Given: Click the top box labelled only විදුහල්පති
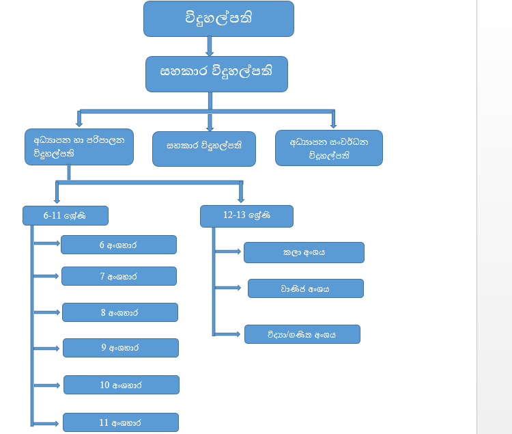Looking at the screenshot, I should pyautogui.click(x=218, y=18).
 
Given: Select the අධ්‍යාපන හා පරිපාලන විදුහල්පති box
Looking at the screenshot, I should pyautogui.click(x=79, y=147).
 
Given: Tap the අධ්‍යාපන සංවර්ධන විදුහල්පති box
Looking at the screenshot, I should pyautogui.click(x=329, y=148).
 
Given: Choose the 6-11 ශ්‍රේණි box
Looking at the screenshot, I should pyautogui.click(x=66, y=215).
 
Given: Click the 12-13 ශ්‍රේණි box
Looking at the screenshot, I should pyautogui.click(x=246, y=215).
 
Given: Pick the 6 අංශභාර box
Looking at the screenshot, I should pyautogui.click(x=119, y=245).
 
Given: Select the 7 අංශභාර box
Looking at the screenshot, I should pyautogui.click(x=119, y=276).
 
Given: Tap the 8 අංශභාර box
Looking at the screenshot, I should pyautogui.click(x=119, y=312).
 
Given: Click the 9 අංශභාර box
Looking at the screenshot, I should pyautogui.click(x=120, y=348).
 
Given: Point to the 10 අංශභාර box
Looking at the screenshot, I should pyautogui.click(x=121, y=385).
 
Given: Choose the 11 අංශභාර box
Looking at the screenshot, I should pyautogui.click(x=120, y=422).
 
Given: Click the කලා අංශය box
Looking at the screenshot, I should pyautogui.click(x=304, y=252).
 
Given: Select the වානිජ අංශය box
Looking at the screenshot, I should pyautogui.click(x=305, y=288).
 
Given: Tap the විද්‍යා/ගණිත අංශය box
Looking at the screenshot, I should pyautogui.click(x=302, y=334).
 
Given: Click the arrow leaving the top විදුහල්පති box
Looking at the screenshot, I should pyautogui.click(x=210, y=46).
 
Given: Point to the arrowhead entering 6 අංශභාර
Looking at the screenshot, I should pyautogui.click(x=57, y=243).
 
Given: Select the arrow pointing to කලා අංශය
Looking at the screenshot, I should pyautogui.click(x=229, y=252).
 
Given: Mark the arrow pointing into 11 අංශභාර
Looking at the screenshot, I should pyautogui.click(x=48, y=423).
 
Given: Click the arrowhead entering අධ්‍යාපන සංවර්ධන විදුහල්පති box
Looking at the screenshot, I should pyautogui.click(x=333, y=124).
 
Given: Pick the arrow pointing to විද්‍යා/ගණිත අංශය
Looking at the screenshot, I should pyautogui.click(x=229, y=334).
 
